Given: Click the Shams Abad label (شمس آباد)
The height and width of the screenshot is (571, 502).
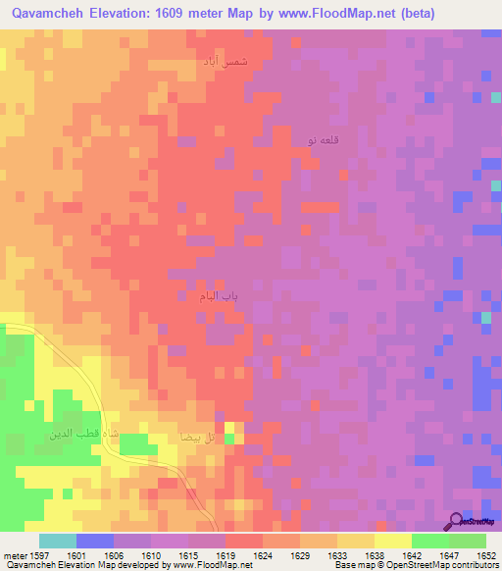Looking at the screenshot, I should [226, 61].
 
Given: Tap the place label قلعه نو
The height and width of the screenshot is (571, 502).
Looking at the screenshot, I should [325, 141].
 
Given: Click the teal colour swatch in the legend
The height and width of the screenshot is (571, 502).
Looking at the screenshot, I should [58, 541].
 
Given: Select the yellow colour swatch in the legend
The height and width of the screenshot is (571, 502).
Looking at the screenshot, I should [392, 541].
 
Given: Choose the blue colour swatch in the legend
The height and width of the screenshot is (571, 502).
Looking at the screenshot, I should [95, 541].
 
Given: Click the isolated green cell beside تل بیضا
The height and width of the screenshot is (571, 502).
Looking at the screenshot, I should [229, 439].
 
